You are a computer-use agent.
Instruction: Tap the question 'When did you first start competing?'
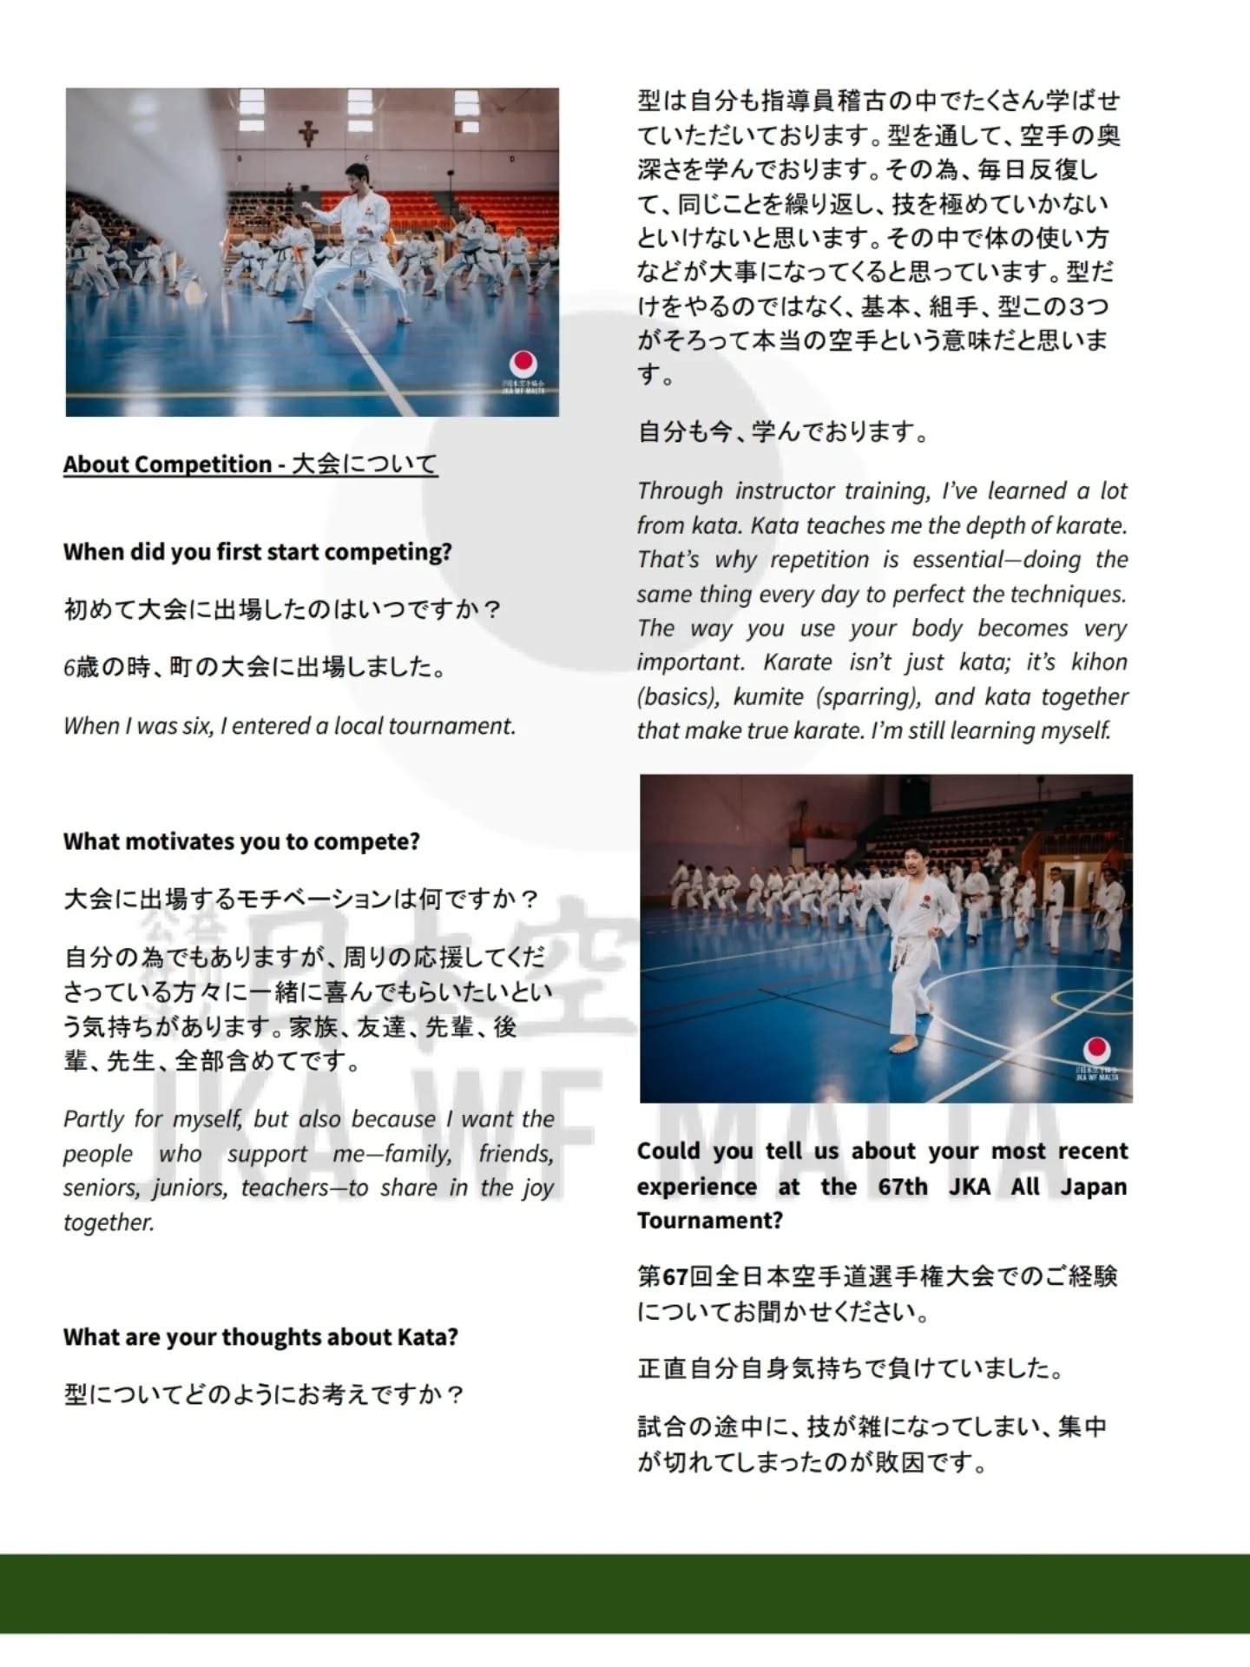tap(257, 552)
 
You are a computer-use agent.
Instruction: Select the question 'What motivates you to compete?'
tap(241, 841)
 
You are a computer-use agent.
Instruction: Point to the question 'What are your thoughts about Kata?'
tap(260, 1336)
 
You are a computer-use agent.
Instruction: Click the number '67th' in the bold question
tap(903, 1186)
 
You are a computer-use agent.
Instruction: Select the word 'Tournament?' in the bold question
tap(709, 1221)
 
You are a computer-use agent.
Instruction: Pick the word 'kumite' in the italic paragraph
tap(768, 696)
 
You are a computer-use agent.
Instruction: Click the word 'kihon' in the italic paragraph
tap(1099, 662)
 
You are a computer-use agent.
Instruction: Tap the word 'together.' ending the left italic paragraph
tap(109, 1222)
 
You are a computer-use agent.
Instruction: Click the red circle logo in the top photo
tap(523, 364)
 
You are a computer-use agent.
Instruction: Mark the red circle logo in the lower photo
tap(1097, 1051)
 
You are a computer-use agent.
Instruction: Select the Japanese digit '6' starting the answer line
tap(69, 668)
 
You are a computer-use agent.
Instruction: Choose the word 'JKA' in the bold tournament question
tap(969, 1186)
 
